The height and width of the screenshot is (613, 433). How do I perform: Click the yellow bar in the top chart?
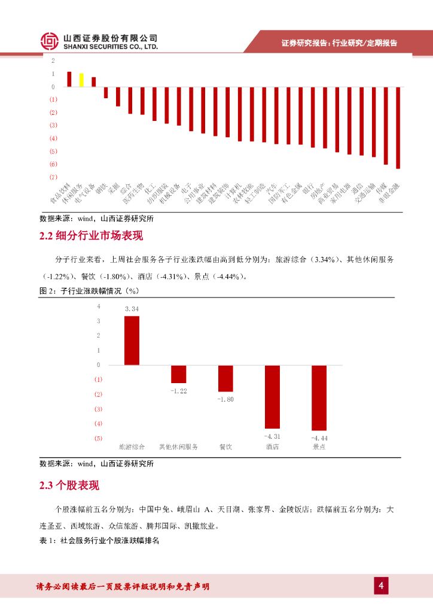[x=81, y=80]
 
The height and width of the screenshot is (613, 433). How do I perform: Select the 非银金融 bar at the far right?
[x=398, y=128]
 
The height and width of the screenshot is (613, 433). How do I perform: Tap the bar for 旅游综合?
[x=132, y=340]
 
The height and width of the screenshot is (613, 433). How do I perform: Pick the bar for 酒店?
[x=272, y=396]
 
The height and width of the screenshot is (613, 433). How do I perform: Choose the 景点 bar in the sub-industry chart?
[x=319, y=397]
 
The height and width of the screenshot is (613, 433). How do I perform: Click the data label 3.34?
[x=132, y=309]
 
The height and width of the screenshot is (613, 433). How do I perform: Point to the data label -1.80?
[x=225, y=399]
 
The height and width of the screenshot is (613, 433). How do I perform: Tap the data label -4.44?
[x=319, y=438]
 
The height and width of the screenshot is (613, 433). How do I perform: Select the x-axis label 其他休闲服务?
[x=178, y=447]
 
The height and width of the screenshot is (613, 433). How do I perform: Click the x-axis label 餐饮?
[x=225, y=447]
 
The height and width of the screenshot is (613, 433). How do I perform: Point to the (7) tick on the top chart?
[x=54, y=177]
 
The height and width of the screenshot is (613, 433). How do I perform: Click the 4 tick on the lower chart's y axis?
[x=99, y=306]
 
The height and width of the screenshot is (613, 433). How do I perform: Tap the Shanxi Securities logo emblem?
[x=50, y=41]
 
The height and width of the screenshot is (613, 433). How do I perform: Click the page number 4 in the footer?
[x=380, y=585]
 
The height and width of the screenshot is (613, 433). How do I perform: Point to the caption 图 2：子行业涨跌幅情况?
[x=89, y=290]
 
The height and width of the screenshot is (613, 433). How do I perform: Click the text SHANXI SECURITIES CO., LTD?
[x=111, y=46]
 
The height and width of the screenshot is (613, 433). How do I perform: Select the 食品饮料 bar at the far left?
[x=69, y=80]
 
